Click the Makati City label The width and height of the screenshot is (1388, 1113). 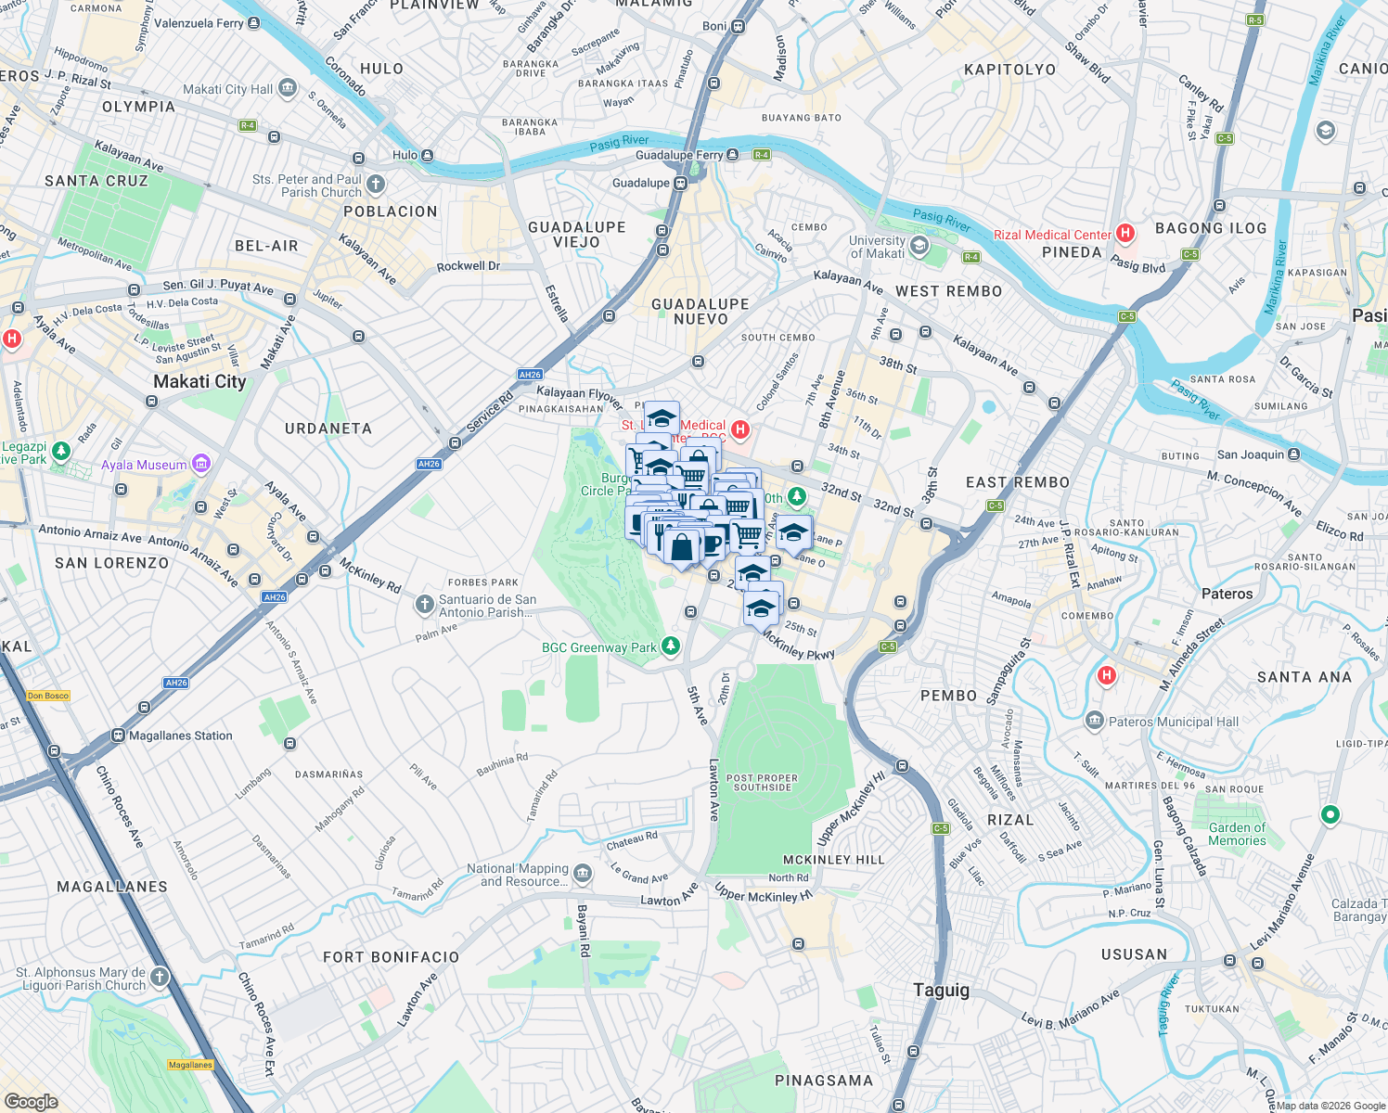click(199, 381)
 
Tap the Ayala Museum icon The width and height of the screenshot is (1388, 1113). click(201, 464)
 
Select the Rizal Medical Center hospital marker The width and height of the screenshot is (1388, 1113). click(1125, 233)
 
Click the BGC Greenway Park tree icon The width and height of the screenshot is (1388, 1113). click(670, 646)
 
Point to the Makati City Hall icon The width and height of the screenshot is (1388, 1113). click(288, 89)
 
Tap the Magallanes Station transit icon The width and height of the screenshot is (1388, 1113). click(118, 736)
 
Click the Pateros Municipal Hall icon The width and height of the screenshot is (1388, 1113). click(1094, 721)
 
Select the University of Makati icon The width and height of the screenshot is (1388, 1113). click(919, 246)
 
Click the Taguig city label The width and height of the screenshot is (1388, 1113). click(941, 990)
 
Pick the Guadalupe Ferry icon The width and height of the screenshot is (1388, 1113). click(733, 155)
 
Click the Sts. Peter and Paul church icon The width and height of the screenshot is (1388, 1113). click(375, 185)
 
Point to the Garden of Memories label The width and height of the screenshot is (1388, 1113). click(1237, 834)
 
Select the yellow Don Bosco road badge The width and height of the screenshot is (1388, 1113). click(48, 695)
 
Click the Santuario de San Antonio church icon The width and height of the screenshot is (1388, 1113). click(424, 605)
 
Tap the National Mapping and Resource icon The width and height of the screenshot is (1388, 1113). click(582, 874)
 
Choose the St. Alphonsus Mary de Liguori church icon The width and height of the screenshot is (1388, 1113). click(160, 977)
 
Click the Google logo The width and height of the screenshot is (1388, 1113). click(31, 1101)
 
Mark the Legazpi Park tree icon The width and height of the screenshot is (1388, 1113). click(61, 451)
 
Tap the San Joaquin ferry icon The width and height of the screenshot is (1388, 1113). click(1294, 454)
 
